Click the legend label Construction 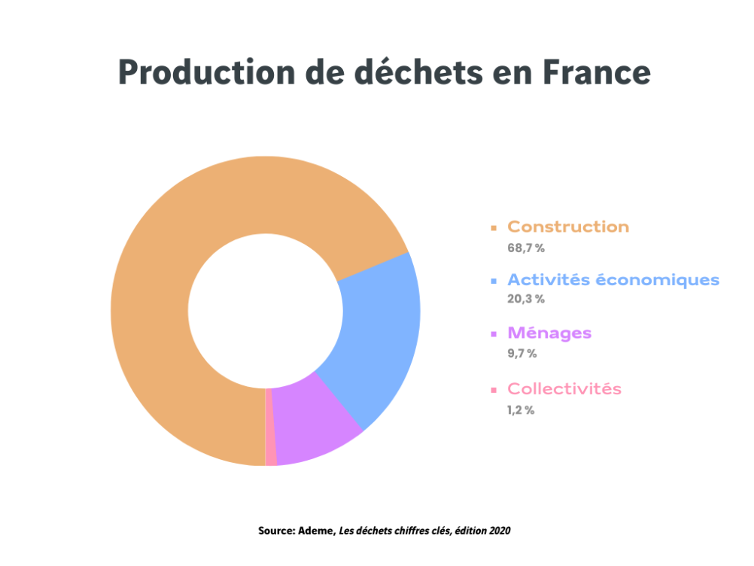(568, 227)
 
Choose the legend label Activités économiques (613, 280)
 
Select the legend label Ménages (549, 333)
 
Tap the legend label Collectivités (564, 389)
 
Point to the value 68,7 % (525, 247)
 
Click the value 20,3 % (525, 299)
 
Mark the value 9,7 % (522, 353)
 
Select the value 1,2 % (521, 410)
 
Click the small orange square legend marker (494, 227)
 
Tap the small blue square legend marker (494, 281)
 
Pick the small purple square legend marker (494, 333)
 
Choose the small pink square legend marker (494, 390)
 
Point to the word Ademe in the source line (318, 531)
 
